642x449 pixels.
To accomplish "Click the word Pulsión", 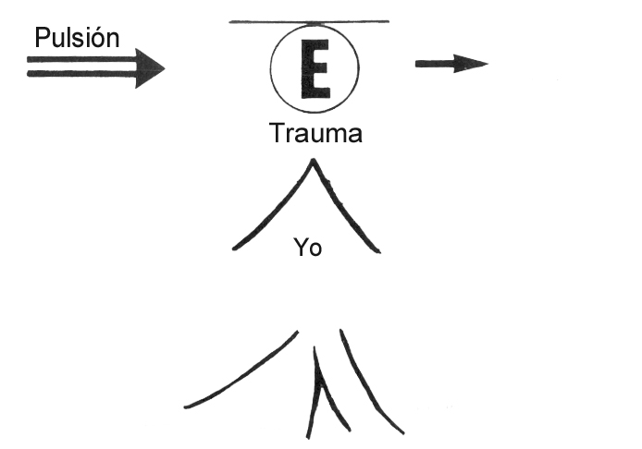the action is point(77,38).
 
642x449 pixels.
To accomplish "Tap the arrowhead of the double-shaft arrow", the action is point(150,68).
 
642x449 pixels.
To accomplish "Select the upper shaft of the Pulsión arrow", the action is point(81,60).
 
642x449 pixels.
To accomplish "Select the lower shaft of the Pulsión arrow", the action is point(81,74).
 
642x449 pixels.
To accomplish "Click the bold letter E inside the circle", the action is point(315,69).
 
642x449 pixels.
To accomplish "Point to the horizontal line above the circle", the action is point(309,21).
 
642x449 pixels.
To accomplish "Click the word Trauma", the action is point(315,133).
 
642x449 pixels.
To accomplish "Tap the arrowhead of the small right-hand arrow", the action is point(471,64).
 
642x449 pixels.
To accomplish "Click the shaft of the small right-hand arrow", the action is point(435,64).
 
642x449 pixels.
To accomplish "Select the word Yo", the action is point(308,248).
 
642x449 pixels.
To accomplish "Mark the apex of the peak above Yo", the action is point(314,160).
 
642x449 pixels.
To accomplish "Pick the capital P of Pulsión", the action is point(43,38).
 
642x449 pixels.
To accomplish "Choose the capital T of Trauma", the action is point(277,132).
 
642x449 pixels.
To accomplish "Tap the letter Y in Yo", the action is point(300,247).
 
